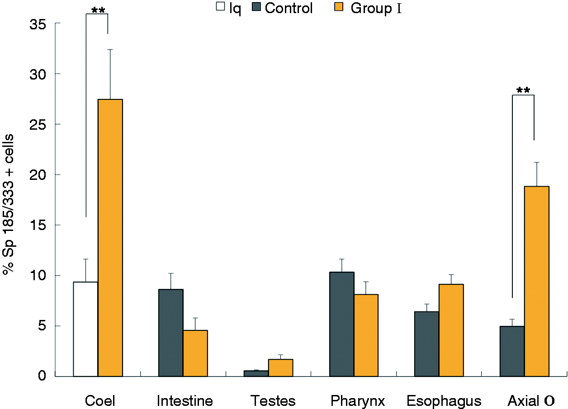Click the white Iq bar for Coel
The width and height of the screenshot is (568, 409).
(86, 329)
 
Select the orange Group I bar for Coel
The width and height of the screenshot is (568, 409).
(110, 238)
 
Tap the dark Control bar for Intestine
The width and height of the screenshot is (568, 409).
(171, 333)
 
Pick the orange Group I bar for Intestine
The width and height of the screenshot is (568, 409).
(195, 353)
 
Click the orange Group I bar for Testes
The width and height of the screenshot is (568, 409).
(281, 368)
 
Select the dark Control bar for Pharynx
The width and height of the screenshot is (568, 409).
(342, 324)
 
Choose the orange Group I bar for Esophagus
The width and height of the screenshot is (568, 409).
(451, 330)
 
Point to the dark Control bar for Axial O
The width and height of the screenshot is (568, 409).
(512, 351)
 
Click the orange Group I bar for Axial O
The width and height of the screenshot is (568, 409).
(537, 281)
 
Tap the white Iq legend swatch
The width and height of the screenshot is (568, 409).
(220, 6)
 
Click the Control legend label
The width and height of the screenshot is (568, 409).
(289, 8)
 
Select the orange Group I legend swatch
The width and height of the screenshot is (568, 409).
(339, 7)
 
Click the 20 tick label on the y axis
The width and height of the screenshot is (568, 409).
(38, 175)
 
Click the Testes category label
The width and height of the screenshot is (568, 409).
(273, 400)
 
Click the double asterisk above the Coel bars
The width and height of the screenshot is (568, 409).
(98, 10)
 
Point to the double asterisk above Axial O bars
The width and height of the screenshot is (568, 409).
(523, 90)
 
